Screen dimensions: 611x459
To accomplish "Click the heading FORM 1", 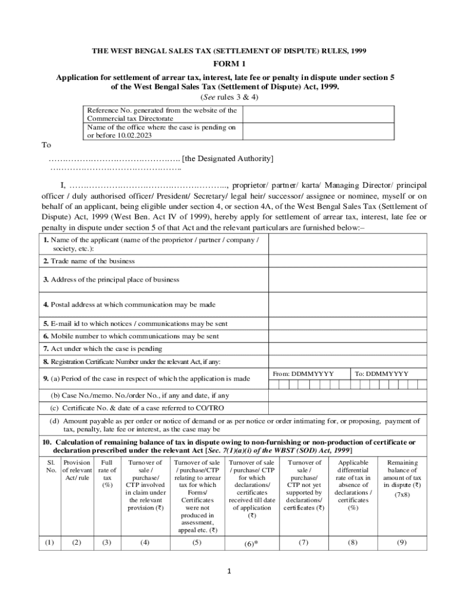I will tap(229, 64).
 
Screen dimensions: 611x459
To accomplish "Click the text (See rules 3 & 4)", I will tap(229, 96).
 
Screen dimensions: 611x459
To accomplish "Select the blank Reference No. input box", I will tap(317, 114).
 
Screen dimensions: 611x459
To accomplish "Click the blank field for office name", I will tap(317, 131).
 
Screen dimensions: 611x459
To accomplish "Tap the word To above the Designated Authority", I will tap(46, 146).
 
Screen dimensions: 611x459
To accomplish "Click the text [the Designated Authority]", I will tap(228, 158).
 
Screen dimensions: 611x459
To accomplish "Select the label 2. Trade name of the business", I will tap(89, 261).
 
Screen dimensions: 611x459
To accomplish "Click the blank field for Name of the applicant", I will tap(347, 244).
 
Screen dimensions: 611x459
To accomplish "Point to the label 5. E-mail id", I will tap(135, 324).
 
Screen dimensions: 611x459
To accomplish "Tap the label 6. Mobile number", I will tap(131, 336).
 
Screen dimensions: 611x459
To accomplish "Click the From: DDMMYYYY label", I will tap(303, 374).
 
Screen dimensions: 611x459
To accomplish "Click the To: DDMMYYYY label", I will tap(382, 374).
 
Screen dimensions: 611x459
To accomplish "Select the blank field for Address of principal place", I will tap(347, 279).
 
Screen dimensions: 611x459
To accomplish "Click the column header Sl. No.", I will tap(49, 467).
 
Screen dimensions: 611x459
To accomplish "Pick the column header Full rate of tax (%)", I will tap(107, 474).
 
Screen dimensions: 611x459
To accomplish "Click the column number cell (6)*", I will tap(251, 544).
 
